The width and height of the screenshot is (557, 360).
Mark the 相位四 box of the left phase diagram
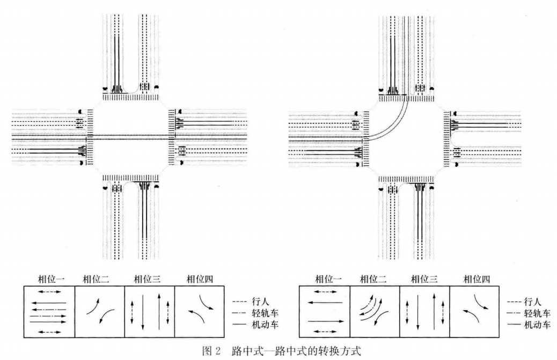[x=200, y=313]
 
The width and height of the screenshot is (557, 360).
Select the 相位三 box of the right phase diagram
[x=424, y=313]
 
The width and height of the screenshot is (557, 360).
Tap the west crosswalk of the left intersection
[x=90, y=137]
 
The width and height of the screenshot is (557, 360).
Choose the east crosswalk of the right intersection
[x=447, y=137]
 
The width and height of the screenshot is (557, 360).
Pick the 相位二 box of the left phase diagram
[x=99, y=313]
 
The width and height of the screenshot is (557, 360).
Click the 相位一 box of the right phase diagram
[x=325, y=313]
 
